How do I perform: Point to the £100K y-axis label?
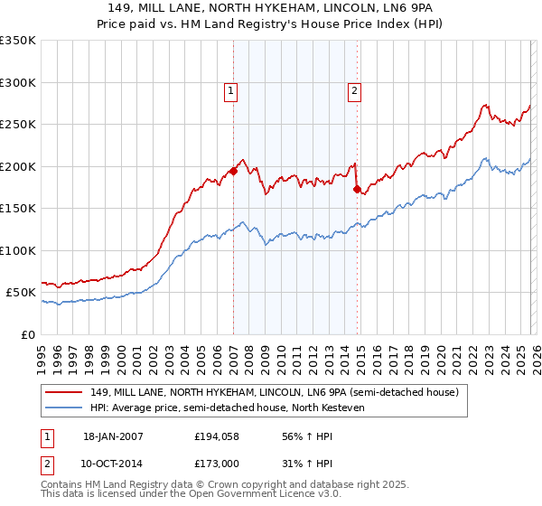pyautogui.click(x=18, y=250)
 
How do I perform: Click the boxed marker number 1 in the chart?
pyautogui.click(x=231, y=90)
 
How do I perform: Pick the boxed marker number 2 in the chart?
pyautogui.click(x=354, y=90)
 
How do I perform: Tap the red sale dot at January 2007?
pyautogui.click(x=233, y=171)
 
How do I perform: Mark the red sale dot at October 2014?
pyautogui.click(x=357, y=189)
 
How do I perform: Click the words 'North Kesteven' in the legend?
pyautogui.click(x=332, y=408)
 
